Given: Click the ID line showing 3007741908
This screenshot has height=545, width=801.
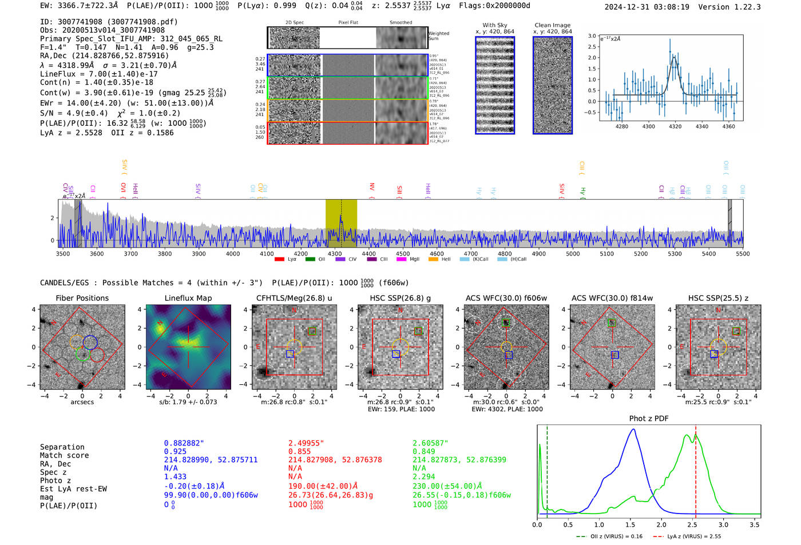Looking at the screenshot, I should (109, 22).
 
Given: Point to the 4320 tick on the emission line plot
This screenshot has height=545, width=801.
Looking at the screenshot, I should (675, 126).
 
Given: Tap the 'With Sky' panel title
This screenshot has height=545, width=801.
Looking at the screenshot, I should (494, 25).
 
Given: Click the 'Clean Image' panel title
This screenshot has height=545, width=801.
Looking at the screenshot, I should (552, 25).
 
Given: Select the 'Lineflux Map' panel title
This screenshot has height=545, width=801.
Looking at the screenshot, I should (188, 298).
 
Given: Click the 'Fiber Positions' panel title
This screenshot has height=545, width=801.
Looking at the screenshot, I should (82, 298).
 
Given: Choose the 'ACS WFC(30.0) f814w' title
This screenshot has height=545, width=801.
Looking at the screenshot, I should (612, 298).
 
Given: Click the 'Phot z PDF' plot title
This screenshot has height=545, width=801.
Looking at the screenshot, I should (649, 419).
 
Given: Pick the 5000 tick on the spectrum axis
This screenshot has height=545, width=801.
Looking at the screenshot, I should (573, 254).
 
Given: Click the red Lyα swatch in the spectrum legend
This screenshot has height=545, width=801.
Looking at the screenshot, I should (279, 260).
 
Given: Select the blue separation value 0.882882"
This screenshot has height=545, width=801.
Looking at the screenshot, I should (184, 443).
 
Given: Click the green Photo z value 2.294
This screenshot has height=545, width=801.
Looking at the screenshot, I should (424, 476).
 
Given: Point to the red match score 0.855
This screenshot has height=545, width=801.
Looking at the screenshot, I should (300, 452).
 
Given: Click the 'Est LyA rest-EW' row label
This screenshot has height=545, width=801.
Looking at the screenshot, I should (73, 489).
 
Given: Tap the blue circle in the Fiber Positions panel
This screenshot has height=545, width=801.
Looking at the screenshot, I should (90, 342).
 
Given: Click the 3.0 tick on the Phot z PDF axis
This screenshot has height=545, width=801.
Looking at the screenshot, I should (723, 524).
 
